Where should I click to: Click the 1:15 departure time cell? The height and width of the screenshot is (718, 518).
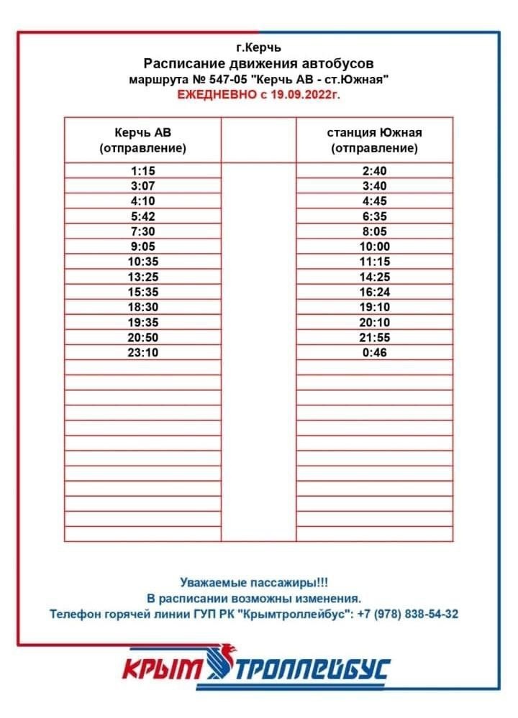[143, 170]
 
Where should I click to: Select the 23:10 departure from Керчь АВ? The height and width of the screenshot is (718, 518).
[143, 352]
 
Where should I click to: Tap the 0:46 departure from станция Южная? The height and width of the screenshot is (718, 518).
[374, 352]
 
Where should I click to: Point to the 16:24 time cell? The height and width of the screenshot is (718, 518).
[374, 292]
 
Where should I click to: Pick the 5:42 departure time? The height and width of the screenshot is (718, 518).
[143, 216]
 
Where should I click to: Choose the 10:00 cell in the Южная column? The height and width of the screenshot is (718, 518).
[374, 247]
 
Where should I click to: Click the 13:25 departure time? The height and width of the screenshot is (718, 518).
[143, 277]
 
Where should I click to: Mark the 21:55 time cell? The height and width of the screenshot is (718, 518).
[374, 337]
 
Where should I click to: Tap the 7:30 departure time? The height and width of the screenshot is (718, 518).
[143, 231]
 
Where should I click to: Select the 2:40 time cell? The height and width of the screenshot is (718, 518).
[374, 170]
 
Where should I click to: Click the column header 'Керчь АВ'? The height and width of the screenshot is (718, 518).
[142, 132]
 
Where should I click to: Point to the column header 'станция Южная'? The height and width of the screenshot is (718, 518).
[374, 132]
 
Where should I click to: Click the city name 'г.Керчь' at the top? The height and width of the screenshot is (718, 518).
[259, 48]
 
